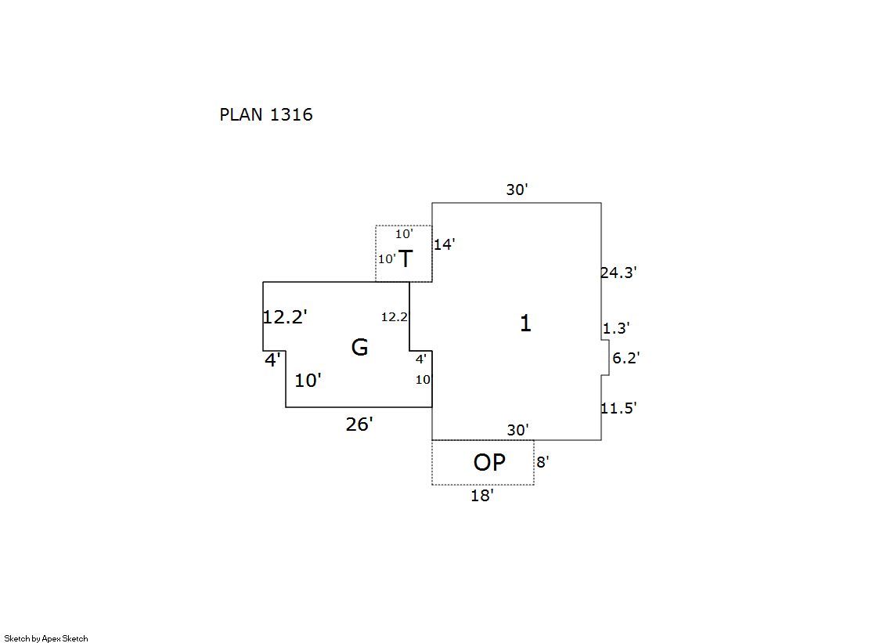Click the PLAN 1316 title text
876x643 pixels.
[266, 115]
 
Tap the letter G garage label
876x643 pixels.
[359, 347]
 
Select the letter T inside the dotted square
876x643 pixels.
[406, 259]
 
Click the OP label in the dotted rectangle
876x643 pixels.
[489, 463]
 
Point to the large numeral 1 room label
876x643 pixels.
[525, 323]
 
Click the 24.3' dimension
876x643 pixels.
[618, 273]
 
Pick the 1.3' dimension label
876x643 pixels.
[616, 328]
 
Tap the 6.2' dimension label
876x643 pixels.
[625, 358]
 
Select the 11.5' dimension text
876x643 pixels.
[618, 408]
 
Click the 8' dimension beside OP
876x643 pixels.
[543, 462]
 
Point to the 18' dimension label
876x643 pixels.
[482, 496]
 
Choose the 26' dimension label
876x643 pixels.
[359, 424]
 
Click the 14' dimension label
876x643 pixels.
[444, 244]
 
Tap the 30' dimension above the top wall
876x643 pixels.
[517, 190]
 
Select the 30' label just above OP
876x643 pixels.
[517, 430]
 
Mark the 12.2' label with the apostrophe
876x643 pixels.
[285, 317]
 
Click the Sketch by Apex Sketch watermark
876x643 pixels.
[46, 638]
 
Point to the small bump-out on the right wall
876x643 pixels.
[605, 357]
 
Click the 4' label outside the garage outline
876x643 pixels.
[272, 361]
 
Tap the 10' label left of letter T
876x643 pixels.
[387, 259]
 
